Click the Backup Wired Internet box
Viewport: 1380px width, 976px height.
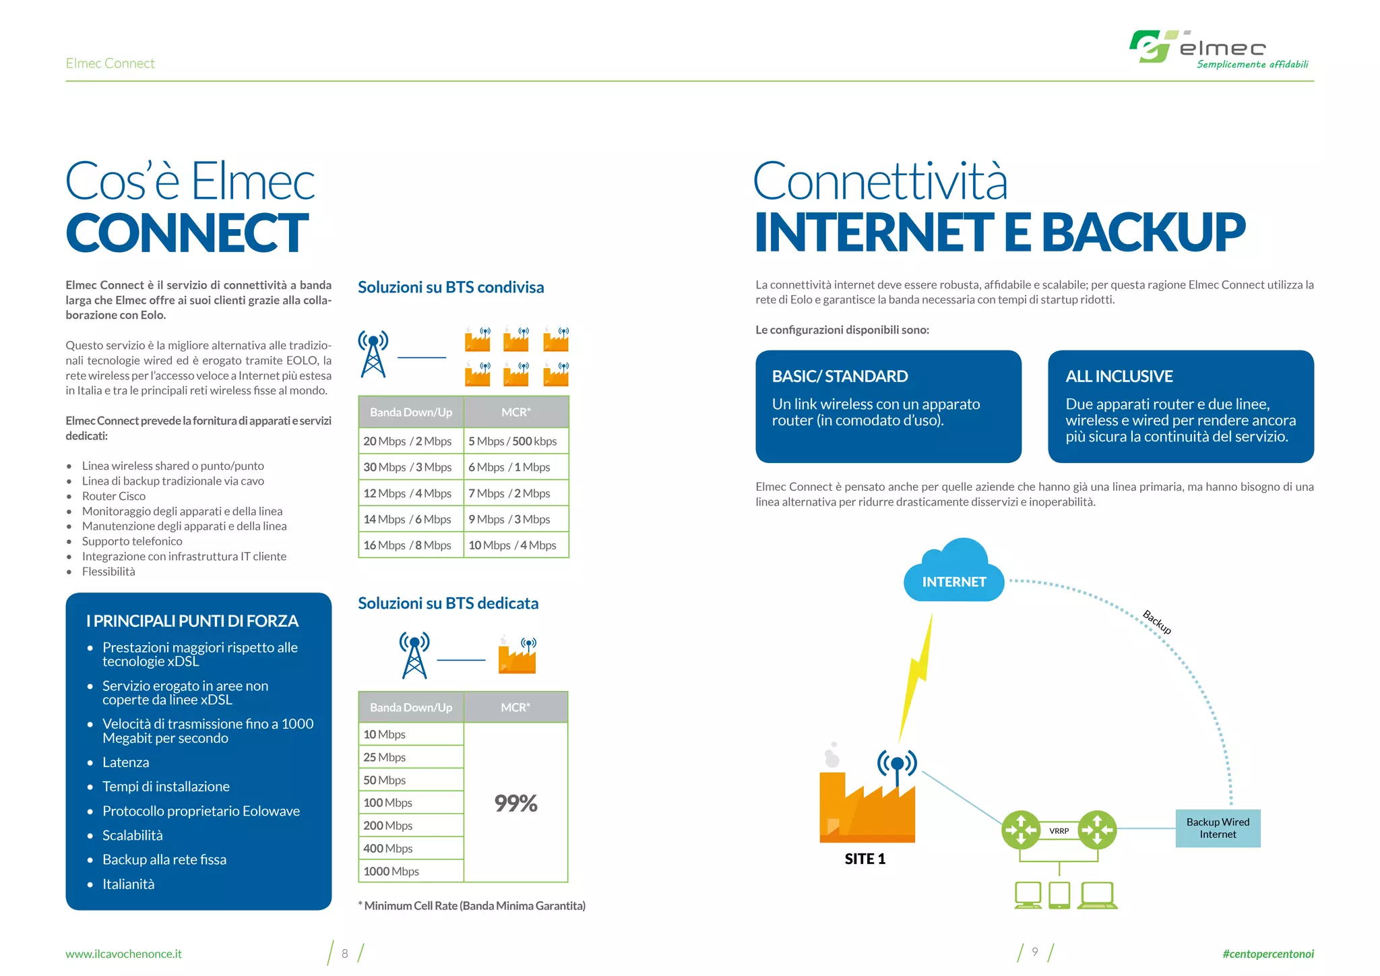coord(1218,828)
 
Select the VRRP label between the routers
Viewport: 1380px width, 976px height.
coord(1059,831)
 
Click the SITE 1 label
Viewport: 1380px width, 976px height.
coord(865,859)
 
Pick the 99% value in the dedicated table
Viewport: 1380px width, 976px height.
coord(515,803)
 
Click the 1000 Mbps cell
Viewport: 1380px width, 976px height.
coord(391,871)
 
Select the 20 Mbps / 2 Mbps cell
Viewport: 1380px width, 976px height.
coord(408,441)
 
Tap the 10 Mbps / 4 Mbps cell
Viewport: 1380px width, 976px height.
coord(513,545)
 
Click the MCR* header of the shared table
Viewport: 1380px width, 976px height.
coord(516,412)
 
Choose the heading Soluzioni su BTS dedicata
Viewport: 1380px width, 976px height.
coord(448,603)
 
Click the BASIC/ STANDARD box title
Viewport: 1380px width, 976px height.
coord(840,376)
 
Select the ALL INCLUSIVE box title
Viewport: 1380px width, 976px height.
coord(1119,376)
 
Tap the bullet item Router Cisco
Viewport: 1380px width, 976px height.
coord(114,496)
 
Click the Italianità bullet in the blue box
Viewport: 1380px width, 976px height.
coord(128,884)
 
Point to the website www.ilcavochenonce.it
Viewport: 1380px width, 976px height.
coord(123,954)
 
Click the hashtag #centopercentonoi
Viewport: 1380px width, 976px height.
coord(1267,954)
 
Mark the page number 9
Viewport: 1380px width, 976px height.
coord(1035,952)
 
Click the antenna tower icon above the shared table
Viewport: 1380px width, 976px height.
coord(373,353)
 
